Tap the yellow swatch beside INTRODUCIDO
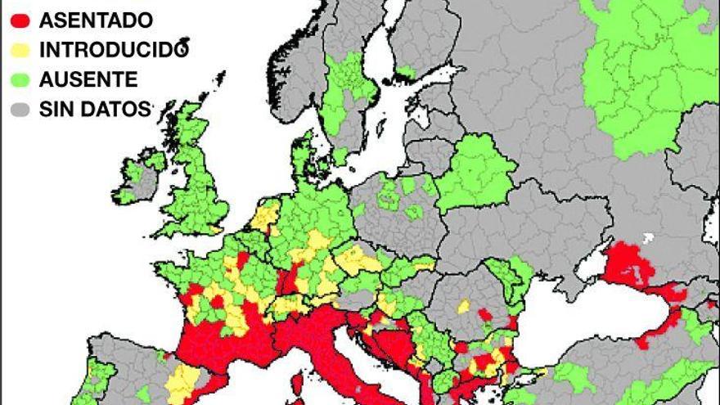(20, 49)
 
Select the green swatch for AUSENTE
(20, 79)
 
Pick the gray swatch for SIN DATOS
(20, 108)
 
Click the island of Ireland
(134, 176)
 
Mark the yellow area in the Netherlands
(266, 217)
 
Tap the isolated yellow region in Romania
(464, 306)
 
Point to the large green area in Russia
(646, 74)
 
